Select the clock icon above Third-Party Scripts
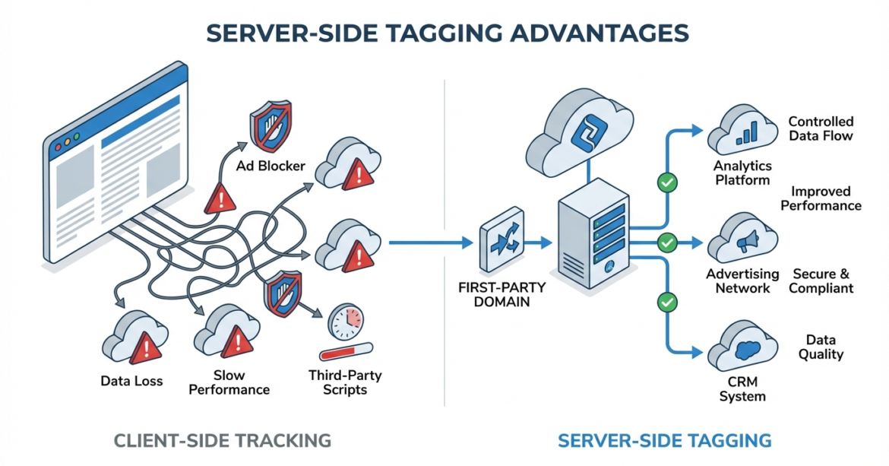[346, 323]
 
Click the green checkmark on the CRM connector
[667, 302]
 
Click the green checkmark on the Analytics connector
[667, 182]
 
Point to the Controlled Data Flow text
[821, 128]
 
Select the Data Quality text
[821, 347]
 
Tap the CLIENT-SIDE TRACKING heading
[222, 440]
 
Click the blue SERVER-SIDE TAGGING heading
[664, 440]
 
